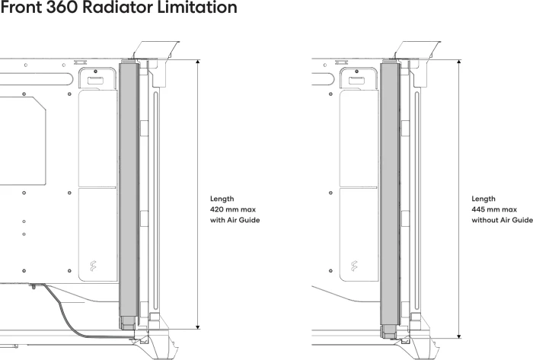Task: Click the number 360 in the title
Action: point(62,7)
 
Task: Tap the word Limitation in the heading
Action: point(197,7)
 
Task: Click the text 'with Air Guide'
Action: point(235,220)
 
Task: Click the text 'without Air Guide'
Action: point(502,220)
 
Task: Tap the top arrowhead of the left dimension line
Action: point(198,62)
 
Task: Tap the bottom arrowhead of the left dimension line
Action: point(198,327)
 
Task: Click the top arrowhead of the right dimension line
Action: point(459,62)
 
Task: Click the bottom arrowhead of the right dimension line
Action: point(459,336)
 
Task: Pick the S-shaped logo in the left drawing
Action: point(93,266)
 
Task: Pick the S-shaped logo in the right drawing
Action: point(354,266)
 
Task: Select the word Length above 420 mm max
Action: point(222,199)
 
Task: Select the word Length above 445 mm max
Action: point(484,199)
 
